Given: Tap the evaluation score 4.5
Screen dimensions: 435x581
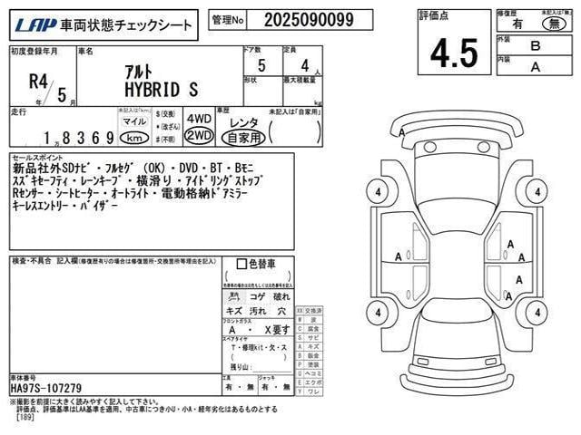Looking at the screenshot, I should [x=447, y=53].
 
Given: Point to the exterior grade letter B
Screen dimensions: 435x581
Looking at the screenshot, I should [x=536, y=43].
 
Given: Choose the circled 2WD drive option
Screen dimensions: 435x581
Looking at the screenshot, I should [x=198, y=135].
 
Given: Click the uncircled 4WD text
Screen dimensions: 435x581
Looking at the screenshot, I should [x=198, y=118].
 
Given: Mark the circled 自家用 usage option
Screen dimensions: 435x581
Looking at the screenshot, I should [x=243, y=137].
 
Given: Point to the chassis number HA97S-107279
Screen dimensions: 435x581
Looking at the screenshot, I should [x=45, y=388].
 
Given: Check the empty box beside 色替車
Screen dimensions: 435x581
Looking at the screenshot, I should [x=241, y=264].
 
